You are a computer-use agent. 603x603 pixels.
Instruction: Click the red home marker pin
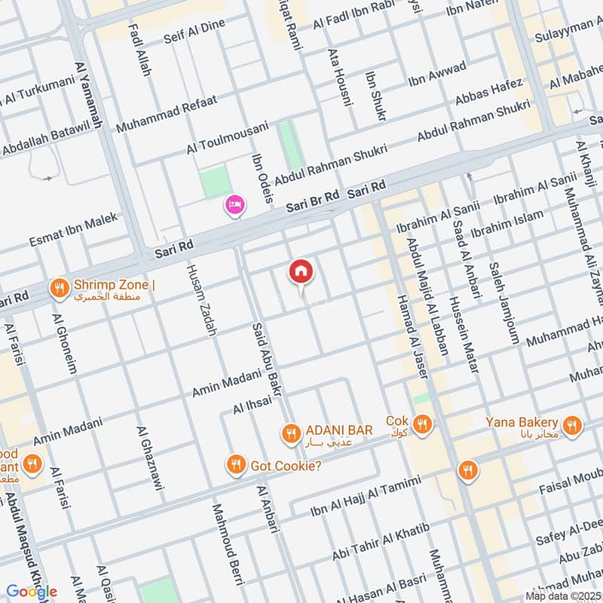coord(301,271)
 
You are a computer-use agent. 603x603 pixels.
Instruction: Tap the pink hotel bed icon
coord(234,205)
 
